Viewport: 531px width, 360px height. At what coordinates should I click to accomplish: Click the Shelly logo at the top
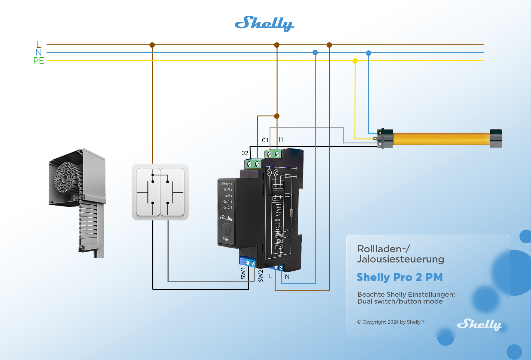(264, 24)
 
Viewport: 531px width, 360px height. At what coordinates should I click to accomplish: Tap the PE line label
(39, 61)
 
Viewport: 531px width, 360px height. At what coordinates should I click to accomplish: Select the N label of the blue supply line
(38, 52)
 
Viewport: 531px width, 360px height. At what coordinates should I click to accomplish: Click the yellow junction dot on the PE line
(355, 61)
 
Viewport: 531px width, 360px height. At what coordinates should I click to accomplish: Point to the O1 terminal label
(265, 140)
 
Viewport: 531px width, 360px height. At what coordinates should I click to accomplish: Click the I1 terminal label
(281, 139)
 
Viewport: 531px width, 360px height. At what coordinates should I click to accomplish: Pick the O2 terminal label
(245, 153)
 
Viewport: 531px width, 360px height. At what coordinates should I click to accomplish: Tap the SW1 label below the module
(243, 273)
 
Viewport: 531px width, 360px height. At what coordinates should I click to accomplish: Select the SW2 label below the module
(261, 276)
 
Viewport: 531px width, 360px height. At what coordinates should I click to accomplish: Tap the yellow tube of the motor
(441, 139)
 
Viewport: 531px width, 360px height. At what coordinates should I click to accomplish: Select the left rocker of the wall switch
(148, 192)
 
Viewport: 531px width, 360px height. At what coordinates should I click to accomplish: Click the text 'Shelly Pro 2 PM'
(400, 277)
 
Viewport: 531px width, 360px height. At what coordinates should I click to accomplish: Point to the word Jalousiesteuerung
(400, 259)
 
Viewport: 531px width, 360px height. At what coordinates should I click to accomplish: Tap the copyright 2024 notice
(391, 322)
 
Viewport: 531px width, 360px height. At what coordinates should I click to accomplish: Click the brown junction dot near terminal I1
(277, 116)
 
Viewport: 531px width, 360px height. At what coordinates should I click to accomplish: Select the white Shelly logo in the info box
(479, 325)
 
